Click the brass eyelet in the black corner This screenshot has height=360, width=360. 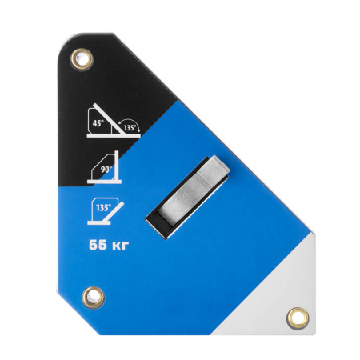[x=82, y=59]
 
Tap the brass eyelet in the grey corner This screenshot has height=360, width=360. [x=298, y=318]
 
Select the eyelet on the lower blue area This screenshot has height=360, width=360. [x=94, y=298]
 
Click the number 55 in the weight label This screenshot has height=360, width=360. [x=98, y=245]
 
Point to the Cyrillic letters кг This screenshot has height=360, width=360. [x=120, y=246]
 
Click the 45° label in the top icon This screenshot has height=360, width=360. [x=98, y=123]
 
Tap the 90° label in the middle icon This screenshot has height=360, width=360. [x=106, y=170]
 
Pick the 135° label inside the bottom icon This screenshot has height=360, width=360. [x=103, y=207]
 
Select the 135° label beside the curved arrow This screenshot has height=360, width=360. [x=130, y=128]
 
